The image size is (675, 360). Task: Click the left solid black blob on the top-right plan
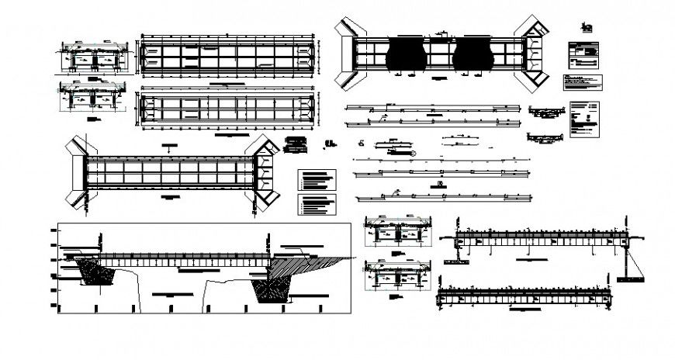(407, 53)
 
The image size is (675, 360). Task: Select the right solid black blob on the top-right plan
(475, 53)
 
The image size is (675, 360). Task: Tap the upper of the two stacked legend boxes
(318, 180)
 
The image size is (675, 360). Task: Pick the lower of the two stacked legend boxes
(318, 204)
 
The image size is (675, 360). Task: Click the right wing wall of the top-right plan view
(535, 53)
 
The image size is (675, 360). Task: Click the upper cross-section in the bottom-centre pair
(398, 230)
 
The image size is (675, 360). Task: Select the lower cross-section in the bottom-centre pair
(398, 273)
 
